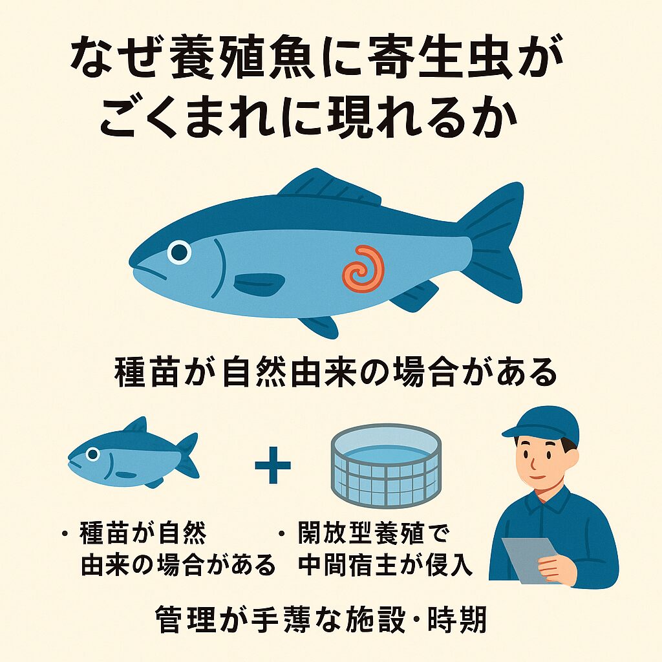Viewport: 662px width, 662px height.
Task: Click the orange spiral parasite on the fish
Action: [x=364, y=268]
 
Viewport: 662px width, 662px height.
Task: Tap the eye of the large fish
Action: [x=178, y=251]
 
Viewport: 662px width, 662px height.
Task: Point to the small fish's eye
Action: [x=93, y=454]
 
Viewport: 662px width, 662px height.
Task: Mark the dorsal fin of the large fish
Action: [x=323, y=187]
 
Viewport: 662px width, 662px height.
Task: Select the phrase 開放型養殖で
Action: [x=373, y=534]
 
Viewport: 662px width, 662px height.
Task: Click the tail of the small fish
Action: [x=187, y=455]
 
